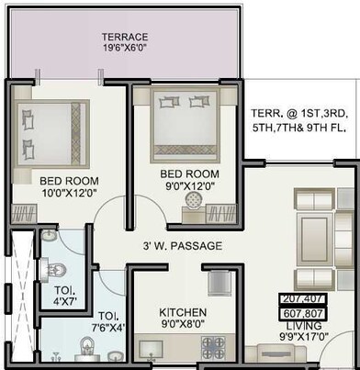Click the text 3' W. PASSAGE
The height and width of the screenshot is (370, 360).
pyautogui.click(x=181, y=247)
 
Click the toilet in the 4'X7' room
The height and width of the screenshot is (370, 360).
pyautogui.click(x=57, y=270)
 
